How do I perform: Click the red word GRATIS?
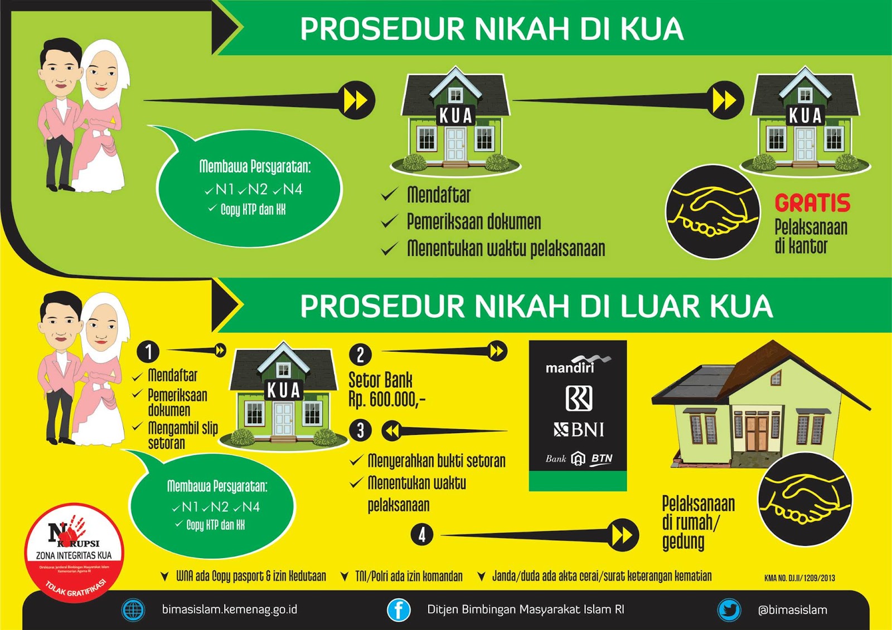[x=812, y=203]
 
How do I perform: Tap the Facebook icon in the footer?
[x=399, y=609]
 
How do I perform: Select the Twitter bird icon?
[x=729, y=609]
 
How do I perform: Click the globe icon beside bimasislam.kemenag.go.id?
[x=133, y=609]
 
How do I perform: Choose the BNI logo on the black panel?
[x=579, y=429]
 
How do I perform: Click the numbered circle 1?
[x=148, y=352]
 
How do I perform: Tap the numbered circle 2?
[x=360, y=355]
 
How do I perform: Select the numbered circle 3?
[x=360, y=430]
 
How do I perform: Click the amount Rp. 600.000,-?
[x=386, y=399]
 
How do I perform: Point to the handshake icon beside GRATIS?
[x=712, y=211]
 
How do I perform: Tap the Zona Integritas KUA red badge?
[x=74, y=552]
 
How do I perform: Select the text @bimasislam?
[x=792, y=610]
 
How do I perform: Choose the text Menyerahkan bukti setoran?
[x=436, y=461]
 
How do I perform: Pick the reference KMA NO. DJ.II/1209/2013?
[x=799, y=578]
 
